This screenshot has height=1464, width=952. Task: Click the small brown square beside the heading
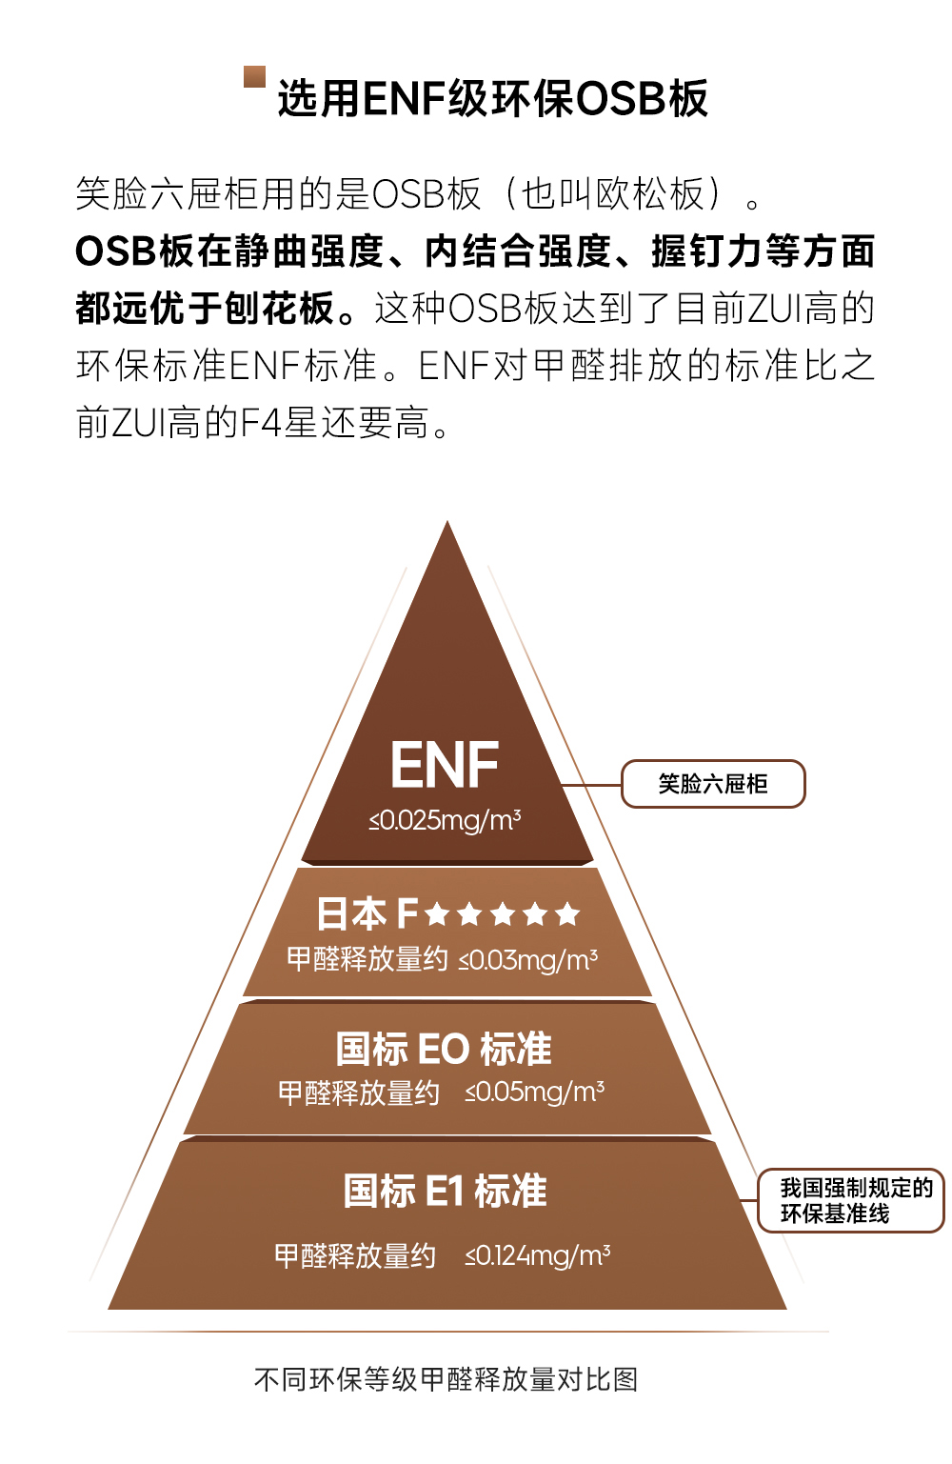(x=254, y=76)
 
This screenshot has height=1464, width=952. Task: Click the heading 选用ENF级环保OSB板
(x=492, y=99)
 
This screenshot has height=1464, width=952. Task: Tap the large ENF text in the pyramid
(x=445, y=765)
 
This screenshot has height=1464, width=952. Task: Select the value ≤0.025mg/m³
(x=445, y=820)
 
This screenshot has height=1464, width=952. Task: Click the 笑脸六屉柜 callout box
(x=713, y=784)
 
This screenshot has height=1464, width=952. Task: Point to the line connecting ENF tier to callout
(x=592, y=785)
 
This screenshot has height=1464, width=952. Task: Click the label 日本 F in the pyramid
(x=367, y=914)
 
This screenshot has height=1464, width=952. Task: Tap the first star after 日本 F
(x=437, y=914)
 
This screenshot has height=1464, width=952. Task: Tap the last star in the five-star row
(x=567, y=914)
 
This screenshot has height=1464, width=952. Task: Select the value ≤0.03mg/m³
(x=528, y=960)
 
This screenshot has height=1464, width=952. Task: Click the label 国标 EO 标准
(x=444, y=1049)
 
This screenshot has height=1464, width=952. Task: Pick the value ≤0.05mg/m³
(x=534, y=1093)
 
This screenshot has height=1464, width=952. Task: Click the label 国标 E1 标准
(x=445, y=1191)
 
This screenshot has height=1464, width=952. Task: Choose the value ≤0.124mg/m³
(x=537, y=1256)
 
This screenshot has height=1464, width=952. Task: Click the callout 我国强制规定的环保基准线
(x=851, y=1200)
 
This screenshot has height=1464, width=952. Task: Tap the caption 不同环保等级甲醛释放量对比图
(x=446, y=1379)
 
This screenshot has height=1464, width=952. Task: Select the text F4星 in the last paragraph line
(x=278, y=422)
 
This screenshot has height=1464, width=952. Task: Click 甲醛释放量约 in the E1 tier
(x=354, y=1256)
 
